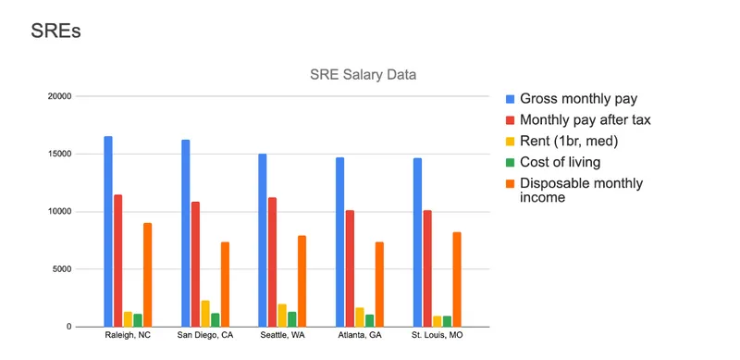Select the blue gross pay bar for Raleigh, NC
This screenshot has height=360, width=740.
tap(108, 231)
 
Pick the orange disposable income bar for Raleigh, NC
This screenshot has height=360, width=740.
tap(147, 274)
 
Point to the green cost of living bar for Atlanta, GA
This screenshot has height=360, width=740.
tap(370, 320)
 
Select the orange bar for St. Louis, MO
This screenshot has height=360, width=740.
tap(456, 279)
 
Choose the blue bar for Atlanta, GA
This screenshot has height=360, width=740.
tap(339, 242)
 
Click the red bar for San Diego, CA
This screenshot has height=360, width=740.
tap(195, 264)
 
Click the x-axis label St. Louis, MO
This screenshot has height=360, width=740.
tap(436, 335)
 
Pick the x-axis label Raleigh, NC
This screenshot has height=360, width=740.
tap(127, 335)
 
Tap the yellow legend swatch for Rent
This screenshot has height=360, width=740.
tap(510, 141)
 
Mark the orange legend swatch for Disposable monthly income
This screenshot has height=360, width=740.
tap(510, 183)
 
